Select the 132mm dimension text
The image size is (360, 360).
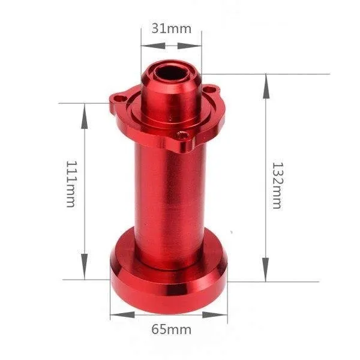click(x=277, y=185)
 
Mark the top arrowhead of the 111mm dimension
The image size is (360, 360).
click(x=84, y=107)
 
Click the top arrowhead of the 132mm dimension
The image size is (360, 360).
click(x=265, y=78)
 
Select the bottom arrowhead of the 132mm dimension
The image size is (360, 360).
click(x=265, y=277)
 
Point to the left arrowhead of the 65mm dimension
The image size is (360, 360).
click(x=114, y=315)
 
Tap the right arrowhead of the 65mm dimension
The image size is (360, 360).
click(x=224, y=315)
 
